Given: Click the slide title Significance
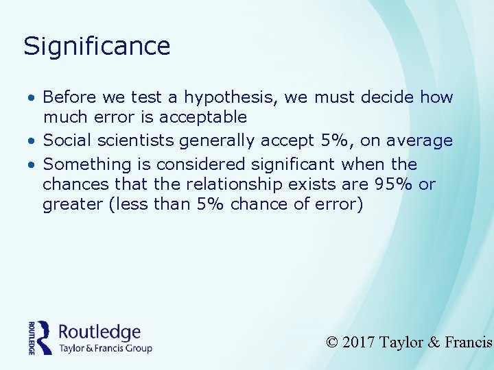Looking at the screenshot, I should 97,47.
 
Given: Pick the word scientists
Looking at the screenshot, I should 135,140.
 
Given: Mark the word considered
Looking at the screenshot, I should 202,164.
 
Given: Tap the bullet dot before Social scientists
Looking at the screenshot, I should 32,141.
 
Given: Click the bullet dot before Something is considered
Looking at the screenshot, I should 32,165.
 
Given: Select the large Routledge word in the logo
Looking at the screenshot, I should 99,333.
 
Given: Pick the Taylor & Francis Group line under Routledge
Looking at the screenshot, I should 105,348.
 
